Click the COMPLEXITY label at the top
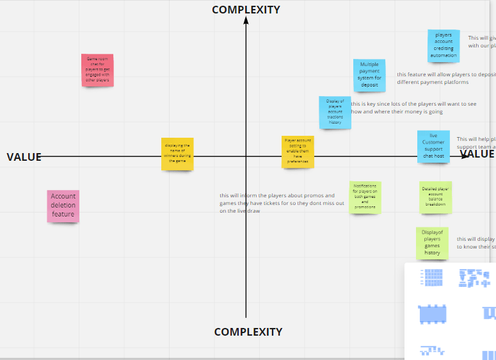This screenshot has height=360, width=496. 246,10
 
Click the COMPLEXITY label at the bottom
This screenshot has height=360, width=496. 248,332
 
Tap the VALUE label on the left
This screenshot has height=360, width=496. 24,157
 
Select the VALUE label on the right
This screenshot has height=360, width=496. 477,154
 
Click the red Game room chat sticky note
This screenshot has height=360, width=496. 97,70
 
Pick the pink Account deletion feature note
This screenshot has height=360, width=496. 63,206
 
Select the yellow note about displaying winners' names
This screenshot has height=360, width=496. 177,154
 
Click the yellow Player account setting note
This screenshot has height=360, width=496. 298,152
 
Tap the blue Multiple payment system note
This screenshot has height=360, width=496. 369,75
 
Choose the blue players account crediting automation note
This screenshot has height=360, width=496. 444,45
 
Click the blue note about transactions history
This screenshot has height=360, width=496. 335,112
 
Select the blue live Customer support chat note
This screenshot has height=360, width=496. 433,146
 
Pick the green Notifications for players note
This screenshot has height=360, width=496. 365,197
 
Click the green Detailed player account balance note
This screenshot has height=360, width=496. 435,197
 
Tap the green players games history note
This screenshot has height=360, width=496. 432,243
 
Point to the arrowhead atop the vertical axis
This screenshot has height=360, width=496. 246,20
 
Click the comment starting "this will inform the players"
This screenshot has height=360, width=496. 282,203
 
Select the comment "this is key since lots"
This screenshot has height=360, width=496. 413,108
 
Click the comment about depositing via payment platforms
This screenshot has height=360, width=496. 445,78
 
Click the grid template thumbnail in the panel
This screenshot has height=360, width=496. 432,277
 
